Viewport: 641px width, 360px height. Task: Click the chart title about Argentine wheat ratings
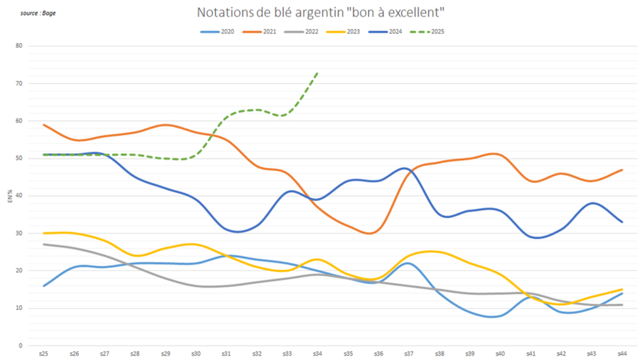(320, 13)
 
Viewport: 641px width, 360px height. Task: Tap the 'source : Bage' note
(38, 13)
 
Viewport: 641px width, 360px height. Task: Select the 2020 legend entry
(217, 31)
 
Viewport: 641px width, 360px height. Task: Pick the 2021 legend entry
(260, 31)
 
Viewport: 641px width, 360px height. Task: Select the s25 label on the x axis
(44, 353)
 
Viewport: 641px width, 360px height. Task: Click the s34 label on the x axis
(317, 353)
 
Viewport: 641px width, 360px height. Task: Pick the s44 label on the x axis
(621, 353)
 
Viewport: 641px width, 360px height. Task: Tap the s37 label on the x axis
(408, 353)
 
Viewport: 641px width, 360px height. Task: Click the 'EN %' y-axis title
(10, 196)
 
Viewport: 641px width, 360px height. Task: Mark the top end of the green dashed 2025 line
(317, 73)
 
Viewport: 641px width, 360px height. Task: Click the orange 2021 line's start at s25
(44, 125)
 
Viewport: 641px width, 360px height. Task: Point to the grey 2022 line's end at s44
(621, 305)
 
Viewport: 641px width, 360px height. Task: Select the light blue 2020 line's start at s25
(44, 286)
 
